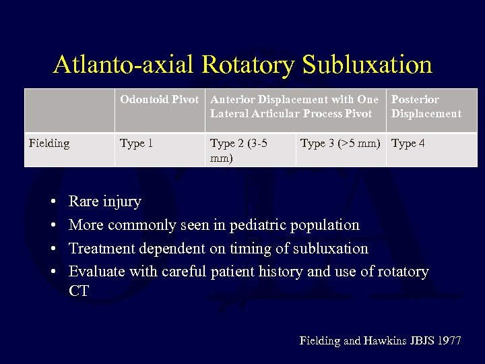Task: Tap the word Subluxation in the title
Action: coord(367,65)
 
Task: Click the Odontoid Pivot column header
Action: coord(160,100)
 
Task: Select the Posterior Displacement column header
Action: coord(426,107)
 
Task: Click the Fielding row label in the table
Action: coord(49,143)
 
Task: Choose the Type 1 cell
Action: coord(137,143)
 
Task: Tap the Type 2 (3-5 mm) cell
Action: coord(238,150)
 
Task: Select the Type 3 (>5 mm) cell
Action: coord(340,143)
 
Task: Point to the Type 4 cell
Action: coord(408,143)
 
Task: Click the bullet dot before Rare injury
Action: coord(53,202)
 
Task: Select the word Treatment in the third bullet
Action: coord(102,248)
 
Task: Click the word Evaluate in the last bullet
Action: coord(96,272)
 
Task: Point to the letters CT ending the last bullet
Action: coord(79,291)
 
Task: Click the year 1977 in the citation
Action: coord(449,341)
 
